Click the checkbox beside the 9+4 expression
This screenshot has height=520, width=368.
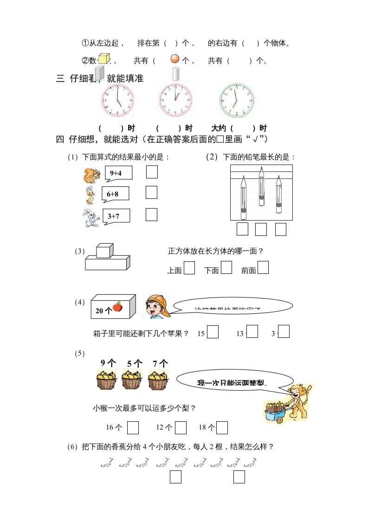point(152,172)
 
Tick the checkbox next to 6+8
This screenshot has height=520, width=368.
point(151,192)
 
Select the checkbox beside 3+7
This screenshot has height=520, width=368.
point(151,215)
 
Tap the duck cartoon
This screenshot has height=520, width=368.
point(90,196)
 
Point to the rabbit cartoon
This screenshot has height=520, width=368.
point(91,218)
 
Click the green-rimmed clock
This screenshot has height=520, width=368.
point(237,100)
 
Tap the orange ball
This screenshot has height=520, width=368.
point(175,59)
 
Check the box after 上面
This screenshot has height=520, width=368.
point(189,268)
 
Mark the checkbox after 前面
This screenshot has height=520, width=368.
point(263,268)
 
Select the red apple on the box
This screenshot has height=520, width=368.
point(117,306)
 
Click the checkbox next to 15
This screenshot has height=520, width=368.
point(213,332)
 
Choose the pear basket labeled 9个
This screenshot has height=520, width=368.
point(106,380)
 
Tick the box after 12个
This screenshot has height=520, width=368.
point(181,427)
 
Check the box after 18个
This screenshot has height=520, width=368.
point(222,427)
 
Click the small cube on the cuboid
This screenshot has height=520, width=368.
point(103,251)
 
